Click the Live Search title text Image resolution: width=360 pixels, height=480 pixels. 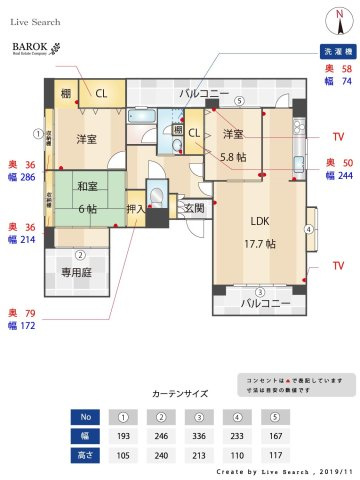tap(36, 21)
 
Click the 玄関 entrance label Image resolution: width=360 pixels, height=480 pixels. tap(193, 208)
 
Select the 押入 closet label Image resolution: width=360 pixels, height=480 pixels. tap(136, 210)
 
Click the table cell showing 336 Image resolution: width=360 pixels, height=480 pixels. tap(199, 436)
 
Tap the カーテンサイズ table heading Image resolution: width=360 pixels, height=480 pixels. tap(180, 393)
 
